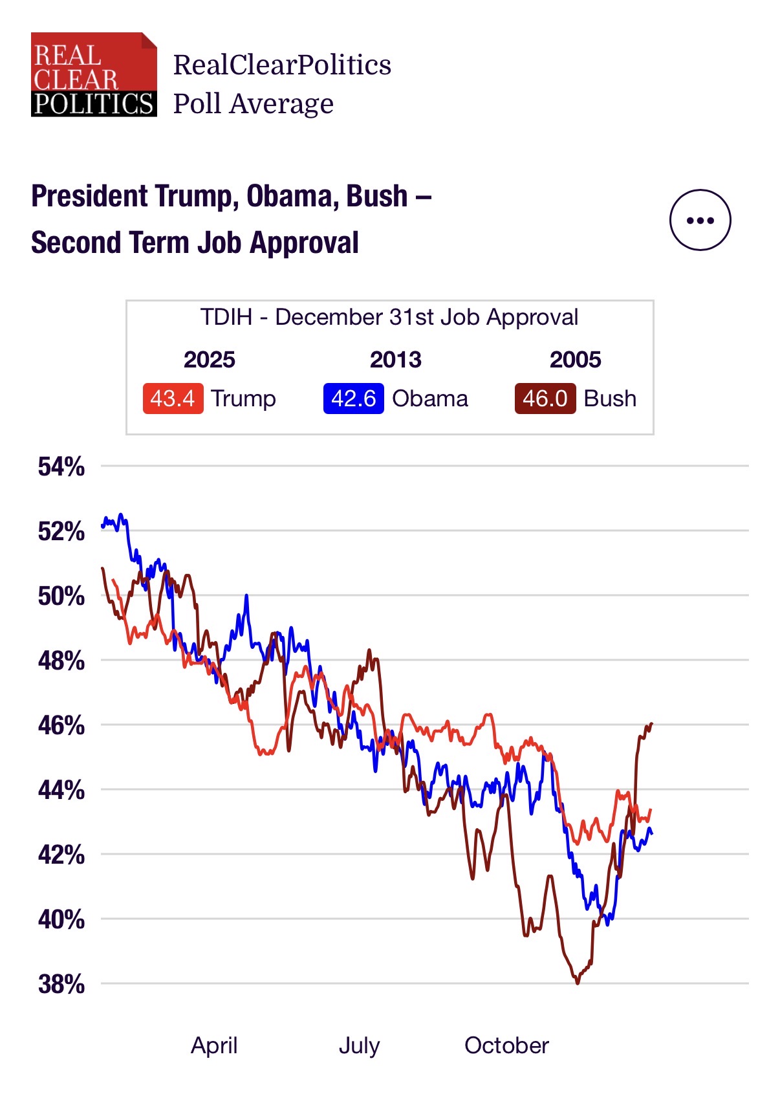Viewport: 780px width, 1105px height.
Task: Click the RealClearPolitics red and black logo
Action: [94, 74]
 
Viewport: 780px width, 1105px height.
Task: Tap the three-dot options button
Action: [700, 220]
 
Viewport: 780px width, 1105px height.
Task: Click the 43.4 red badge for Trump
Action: [173, 399]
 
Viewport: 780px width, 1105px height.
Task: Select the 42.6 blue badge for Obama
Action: [353, 399]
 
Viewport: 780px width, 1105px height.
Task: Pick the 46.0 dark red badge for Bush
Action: [545, 399]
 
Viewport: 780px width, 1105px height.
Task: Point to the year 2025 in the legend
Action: [209, 360]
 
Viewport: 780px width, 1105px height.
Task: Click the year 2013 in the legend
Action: [395, 360]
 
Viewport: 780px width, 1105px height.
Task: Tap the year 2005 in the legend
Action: [575, 360]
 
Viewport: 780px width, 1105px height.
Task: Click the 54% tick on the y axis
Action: [61, 466]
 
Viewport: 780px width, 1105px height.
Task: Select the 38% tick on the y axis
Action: [61, 984]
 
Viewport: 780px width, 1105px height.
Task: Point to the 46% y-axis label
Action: [61, 725]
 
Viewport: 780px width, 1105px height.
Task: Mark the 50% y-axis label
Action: [61, 596]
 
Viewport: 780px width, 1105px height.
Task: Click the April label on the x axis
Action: [214, 1045]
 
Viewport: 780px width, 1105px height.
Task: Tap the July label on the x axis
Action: [359, 1045]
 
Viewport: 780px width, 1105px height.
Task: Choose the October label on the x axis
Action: [506, 1045]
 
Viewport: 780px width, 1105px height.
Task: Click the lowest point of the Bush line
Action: [578, 983]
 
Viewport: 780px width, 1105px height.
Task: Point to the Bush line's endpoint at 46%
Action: [651, 723]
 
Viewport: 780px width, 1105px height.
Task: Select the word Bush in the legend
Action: [610, 399]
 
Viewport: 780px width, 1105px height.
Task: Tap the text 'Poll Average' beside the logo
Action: [253, 104]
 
